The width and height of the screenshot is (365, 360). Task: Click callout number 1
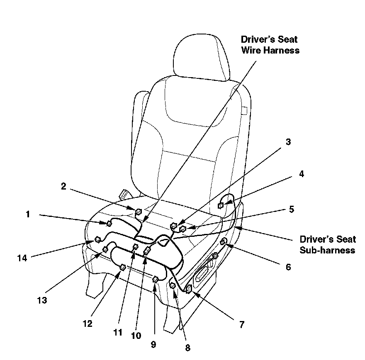[28, 214]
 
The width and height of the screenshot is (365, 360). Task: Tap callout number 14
[22, 258]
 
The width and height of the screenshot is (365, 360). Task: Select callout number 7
[242, 324]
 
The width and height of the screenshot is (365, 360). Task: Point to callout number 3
[288, 142]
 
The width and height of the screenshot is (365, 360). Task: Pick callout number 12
[88, 324]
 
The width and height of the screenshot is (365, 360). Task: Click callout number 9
[153, 344]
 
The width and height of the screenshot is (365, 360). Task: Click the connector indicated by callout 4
[220, 205]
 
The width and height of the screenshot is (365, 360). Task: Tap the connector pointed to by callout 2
[139, 212]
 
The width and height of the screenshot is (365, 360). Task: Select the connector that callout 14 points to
[97, 239]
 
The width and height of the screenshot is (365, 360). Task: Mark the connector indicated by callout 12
[123, 268]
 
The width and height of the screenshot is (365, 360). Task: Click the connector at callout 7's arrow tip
[188, 289]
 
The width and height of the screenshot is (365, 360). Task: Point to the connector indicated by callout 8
[173, 285]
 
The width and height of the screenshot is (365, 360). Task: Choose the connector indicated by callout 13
[105, 250]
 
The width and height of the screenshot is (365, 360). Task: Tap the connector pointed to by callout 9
[155, 279]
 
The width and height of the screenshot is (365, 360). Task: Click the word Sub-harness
[327, 250]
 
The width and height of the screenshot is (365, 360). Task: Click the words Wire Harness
[270, 50]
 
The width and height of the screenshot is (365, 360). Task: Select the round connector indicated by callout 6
[224, 241]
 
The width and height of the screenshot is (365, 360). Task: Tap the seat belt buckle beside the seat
[124, 195]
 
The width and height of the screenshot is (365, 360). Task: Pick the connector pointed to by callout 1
[109, 224]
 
